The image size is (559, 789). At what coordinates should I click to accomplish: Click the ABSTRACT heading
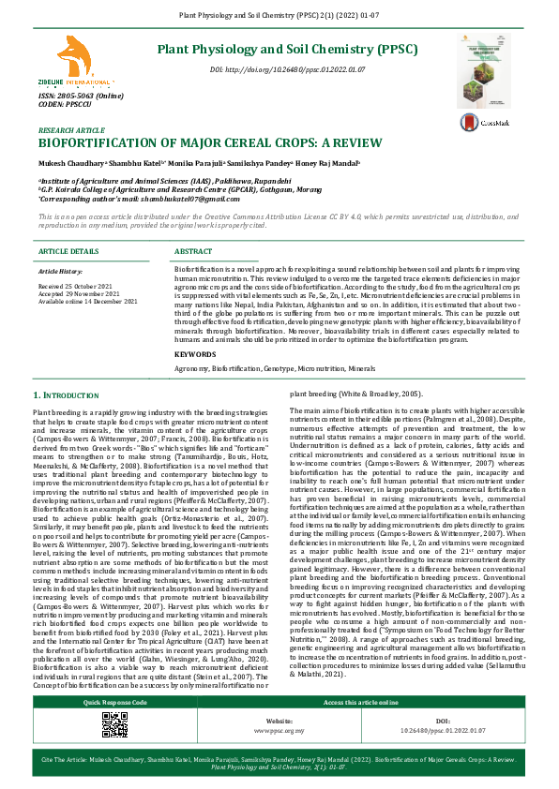point(193,252)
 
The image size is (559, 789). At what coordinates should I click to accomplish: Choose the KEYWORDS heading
point(195,328)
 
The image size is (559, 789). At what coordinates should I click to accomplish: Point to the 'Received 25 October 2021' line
point(75,282)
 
